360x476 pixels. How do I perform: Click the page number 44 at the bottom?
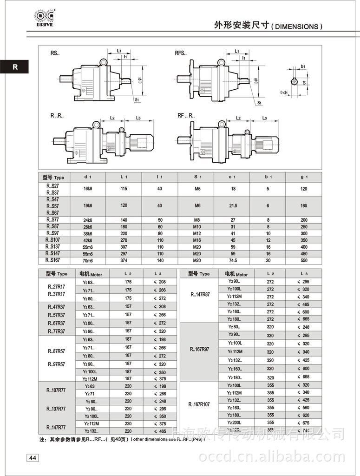[33, 458]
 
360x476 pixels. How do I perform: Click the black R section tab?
[15, 66]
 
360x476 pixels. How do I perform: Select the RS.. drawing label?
[55, 53]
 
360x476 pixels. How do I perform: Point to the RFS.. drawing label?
[181, 53]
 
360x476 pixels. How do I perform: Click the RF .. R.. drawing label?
[185, 115]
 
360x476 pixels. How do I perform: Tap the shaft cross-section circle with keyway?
[295, 82]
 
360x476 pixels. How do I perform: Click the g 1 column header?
[303, 177]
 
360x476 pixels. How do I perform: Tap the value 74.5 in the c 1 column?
[233, 260]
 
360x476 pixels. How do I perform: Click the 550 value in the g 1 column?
[304, 260]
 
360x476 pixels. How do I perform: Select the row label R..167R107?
[199, 404]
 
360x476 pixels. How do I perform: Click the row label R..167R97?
[199, 349]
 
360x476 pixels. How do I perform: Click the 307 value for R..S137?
[124, 247]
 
